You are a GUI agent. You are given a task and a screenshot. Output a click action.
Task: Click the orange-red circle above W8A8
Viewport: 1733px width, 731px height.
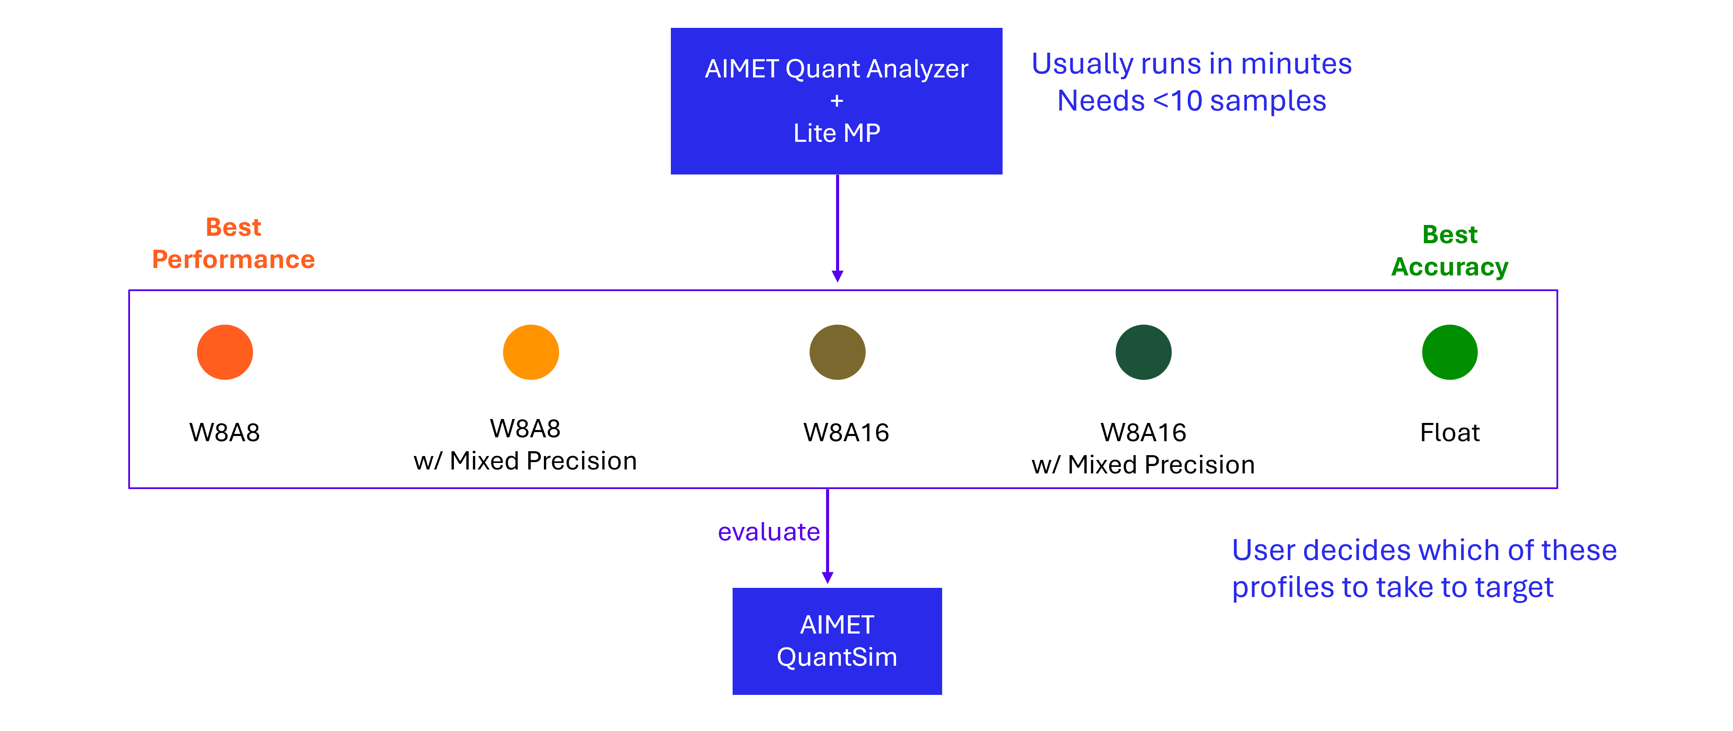225,352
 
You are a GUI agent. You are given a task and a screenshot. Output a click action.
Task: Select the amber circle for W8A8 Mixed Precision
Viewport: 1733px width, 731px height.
531,352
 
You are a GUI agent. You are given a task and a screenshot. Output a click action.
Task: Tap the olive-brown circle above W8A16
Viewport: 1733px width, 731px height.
837,352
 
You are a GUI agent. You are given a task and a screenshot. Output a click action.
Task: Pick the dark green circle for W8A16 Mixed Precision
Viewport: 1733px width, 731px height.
1143,352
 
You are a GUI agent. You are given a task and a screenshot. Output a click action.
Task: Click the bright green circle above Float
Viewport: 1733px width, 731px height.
1449,352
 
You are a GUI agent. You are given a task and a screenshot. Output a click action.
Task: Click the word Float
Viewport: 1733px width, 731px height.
1449,432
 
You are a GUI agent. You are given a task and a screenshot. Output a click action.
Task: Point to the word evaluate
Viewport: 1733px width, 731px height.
768,532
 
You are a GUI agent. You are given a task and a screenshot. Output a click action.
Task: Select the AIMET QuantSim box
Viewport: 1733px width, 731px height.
837,641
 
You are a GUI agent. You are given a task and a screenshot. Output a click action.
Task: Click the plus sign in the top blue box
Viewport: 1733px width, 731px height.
836,101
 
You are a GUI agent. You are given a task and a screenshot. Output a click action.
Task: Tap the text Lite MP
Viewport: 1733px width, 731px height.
836,133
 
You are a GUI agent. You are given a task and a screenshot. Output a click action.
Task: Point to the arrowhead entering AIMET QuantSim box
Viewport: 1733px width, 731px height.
827,577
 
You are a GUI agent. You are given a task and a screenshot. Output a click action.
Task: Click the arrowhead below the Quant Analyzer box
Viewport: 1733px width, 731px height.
837,276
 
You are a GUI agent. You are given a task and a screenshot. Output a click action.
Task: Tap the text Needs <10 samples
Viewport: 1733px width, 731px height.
1191,101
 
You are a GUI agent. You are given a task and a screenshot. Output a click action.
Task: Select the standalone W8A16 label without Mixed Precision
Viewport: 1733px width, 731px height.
846,432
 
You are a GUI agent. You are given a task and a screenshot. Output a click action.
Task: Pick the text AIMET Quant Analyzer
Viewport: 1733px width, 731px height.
836,69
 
